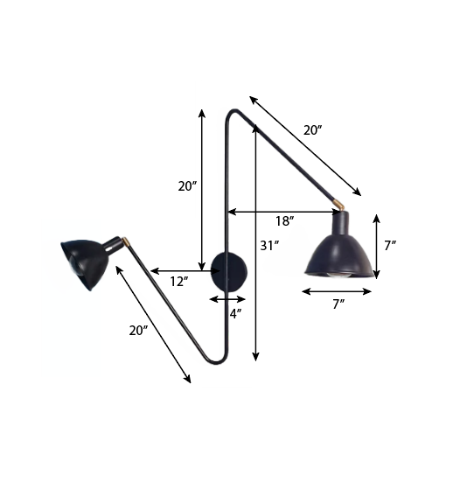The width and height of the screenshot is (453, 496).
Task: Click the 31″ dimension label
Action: [269, 246]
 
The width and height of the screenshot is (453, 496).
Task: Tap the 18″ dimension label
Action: [285, 221]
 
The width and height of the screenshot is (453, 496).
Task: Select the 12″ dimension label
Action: [178, 281]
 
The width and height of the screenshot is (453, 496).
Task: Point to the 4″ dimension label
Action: [235, 312]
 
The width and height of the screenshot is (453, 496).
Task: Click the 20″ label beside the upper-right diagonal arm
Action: [312, 130]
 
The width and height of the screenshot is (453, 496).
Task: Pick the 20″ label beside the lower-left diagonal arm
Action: [139, 331]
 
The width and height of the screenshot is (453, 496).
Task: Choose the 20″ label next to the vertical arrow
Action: [187, 186]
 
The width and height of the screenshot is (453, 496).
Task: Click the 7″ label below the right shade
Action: [338, 304]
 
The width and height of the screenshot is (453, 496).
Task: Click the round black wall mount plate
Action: [231, 272]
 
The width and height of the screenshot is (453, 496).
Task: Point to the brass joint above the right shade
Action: [341, 205]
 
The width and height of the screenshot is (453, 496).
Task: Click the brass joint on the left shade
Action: [126, 242]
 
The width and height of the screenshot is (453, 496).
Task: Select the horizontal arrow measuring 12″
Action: [185, 271]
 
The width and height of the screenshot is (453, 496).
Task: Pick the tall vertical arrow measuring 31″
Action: [255, 245]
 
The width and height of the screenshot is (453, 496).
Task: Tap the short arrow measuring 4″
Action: [227, 299]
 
